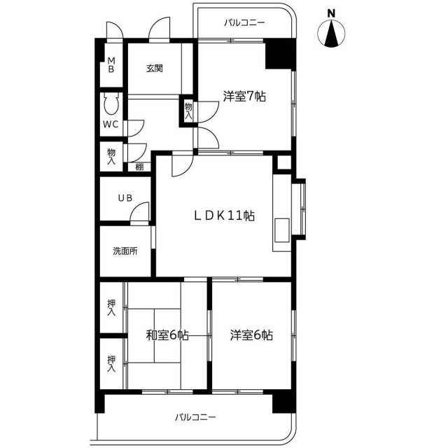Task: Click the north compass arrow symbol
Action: (331, 34)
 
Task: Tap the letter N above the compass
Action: (331, 13)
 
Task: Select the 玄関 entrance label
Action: (155, 69)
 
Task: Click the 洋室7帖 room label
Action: (244, 97)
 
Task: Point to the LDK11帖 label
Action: (224, 216)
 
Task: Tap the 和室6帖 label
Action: (167, 335)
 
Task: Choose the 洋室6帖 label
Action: (251, 335)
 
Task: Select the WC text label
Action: (111, 125)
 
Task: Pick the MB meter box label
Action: (111, 65)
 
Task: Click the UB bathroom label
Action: (125, 197)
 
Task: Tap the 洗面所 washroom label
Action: (125, 251)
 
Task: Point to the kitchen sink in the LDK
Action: (282, 230)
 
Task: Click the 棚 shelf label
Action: (139, 167)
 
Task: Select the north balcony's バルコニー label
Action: (244, 22)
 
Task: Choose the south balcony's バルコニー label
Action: (195, 417)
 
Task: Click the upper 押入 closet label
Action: (111, 307)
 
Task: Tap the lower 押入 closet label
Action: (111, 364)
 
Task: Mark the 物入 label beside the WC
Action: (111, 157)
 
